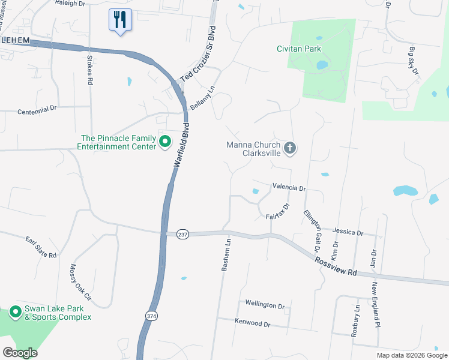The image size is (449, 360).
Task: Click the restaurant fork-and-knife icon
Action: [120, 20]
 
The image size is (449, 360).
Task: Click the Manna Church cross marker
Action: [290, 148]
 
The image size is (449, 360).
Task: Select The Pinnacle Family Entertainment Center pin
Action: [166, 142]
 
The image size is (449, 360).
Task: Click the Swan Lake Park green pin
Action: [15, 312]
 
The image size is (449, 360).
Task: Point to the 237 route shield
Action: [183, 235]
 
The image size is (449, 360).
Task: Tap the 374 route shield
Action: [151, 316]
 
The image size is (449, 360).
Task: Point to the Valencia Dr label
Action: [289, 188]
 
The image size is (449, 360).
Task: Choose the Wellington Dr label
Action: [265, 305]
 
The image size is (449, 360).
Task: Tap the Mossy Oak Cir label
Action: [80, 282]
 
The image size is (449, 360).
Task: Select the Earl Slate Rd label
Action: [41, 247]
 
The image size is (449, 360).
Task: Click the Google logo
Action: [20, 353]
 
